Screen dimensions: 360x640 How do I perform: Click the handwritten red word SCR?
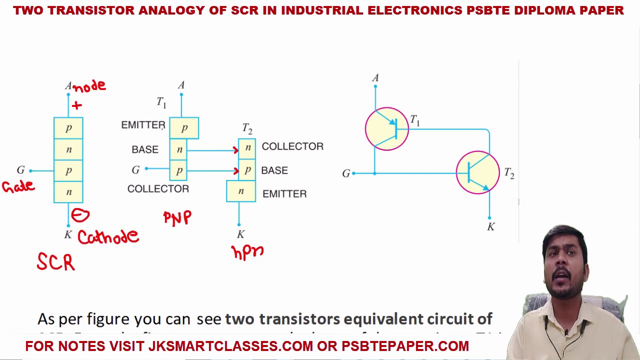[56, 262]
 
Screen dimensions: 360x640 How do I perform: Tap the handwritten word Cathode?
[108, 236]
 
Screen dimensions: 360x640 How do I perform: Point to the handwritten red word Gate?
[18, 186]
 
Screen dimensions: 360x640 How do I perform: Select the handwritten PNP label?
[177, 217]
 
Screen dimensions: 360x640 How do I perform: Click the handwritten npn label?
[247, 251]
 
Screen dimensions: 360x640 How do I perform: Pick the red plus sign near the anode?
[76, 105]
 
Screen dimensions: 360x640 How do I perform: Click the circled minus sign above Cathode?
[80, 215]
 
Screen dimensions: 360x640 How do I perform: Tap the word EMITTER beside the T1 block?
[143, 125]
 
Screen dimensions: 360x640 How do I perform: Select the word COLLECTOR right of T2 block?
[292, 146]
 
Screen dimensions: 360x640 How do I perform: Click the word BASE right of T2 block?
[274, 170]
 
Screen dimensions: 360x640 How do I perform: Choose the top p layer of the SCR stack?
[68, 128]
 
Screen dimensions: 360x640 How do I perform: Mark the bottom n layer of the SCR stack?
[68, 192]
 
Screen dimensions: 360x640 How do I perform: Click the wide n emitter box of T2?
[241, 191]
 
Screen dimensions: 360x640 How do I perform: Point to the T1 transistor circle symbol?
[386, 129]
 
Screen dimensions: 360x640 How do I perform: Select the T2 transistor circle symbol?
[477, 172]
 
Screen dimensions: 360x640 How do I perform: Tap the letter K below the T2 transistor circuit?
[491, 227]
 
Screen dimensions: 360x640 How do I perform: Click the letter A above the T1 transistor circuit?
[375, 78]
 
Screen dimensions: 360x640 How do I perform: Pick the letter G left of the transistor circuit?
[346, 173]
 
